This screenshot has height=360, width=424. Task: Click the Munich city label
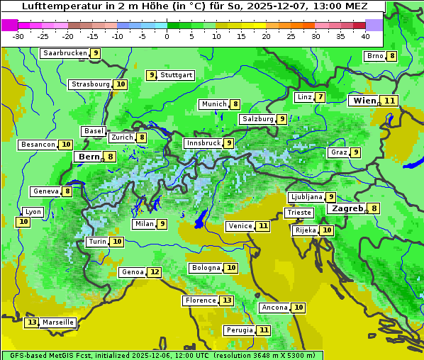click(x=213, y=104)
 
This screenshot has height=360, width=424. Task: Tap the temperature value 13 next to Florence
click(x=226, y=300)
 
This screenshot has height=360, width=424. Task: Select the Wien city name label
click(x=364, y=101)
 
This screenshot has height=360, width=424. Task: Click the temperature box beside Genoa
click(x=155, y=272)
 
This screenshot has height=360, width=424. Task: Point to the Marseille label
click(x=58, y=322)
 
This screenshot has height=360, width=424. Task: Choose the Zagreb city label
click(x=347, y=208)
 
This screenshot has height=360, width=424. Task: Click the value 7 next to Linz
click(x=320, y=97)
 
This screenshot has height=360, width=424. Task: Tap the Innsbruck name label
click(x=203, y=143)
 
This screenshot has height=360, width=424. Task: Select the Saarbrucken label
click(x=65, y=53)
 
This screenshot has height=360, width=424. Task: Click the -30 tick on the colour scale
click(x=18, y=36)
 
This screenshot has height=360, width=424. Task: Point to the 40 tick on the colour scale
click(x=365, y=36)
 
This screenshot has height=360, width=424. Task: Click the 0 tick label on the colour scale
click(x=167, y=36)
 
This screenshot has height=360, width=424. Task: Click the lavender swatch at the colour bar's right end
click(x=374, y=25)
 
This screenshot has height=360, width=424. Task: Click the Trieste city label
click(x=298, y=213)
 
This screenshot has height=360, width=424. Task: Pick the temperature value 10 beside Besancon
click(x=66, y=145)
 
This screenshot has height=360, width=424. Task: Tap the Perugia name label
click(x=239, y=330)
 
